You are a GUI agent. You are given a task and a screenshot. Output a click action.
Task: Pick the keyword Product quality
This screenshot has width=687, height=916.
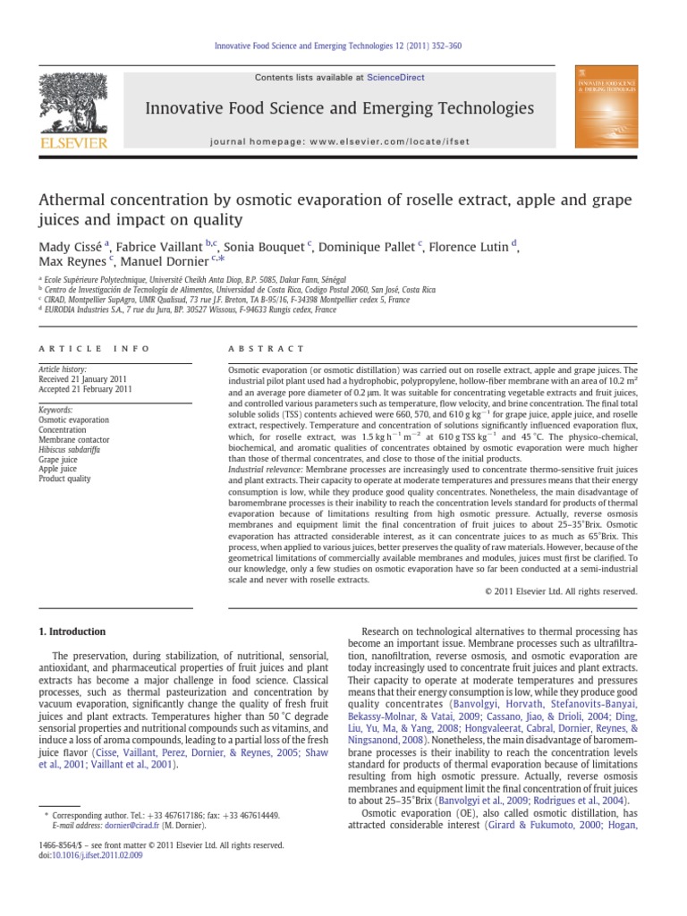64,479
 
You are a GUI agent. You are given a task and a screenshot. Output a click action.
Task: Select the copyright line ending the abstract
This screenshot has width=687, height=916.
561,591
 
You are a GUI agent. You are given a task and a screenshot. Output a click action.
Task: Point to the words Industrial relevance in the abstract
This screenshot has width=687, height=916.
265,469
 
